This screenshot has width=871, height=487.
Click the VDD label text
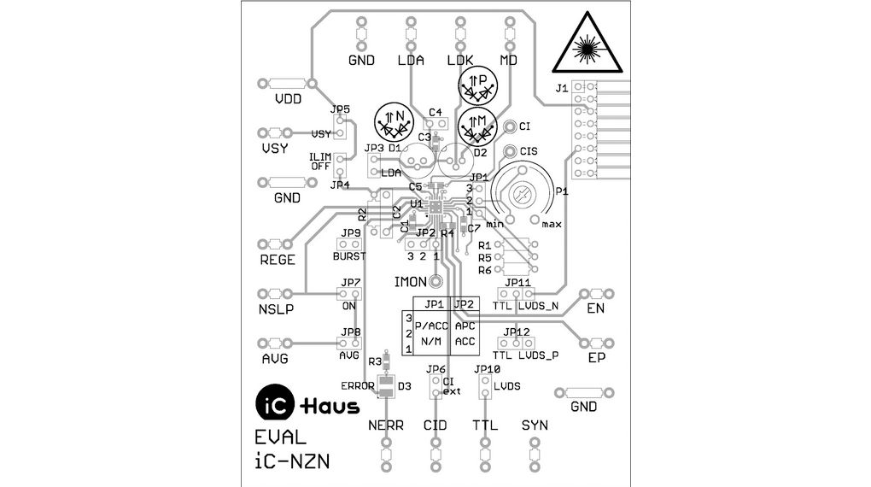(x=288, y=99)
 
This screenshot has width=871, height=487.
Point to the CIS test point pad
(x=510, y=151)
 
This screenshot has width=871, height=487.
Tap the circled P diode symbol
(x=478, y=85)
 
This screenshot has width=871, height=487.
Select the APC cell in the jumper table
(x=465, y=326)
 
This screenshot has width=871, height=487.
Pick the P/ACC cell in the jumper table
(x=430, y=326)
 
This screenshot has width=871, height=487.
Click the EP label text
(x=596, y=358)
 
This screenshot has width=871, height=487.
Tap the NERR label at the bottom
(x=385, y=425)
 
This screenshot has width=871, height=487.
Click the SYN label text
(x=535, y=425)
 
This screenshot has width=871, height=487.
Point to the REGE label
(x=277, y=261)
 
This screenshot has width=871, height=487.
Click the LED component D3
(x=386, y=386)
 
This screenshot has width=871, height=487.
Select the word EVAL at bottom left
(x=280, y=437)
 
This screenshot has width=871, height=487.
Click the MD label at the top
(x=509, y=60)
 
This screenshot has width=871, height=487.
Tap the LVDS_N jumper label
(x=538, y=305)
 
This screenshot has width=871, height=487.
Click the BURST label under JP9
(x=348, y=255)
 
